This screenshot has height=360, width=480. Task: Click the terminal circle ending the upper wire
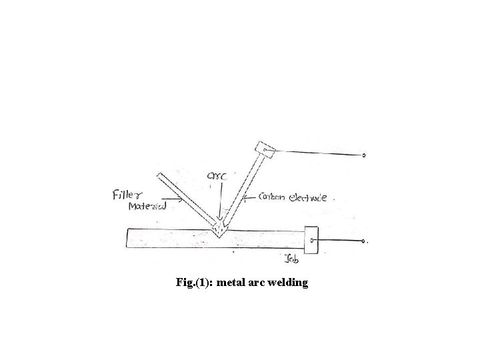pyautogui.click(x=364, y=155)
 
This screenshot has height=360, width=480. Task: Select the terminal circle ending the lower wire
pyautogui.click(x=363, y=241)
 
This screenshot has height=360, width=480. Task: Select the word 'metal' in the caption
pyautogui.click(x=231, y=283)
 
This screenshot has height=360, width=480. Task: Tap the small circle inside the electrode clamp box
pyautogui.click(x=265, y=151)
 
